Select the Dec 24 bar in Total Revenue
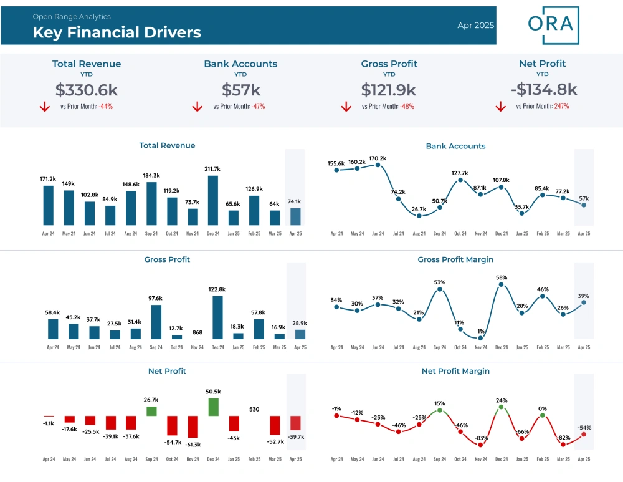pyautogui.click(x=213, y=200)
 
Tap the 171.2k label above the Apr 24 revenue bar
pyautogui.click(x=48, y=179)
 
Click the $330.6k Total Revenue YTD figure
pyautogui.click(x=87, y=90)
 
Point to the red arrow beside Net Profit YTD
pyautogui.click(x=501, y=106)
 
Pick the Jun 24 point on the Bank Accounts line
pyautogui.click(x=378, y=165)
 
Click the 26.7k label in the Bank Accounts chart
pyautogui.click(x=419, y=209)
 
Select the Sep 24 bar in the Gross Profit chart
pyautogui.click(x=156, y=322)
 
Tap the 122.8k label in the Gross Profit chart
pyautogui.click(x=217, y=289)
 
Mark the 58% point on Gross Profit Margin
pyautogui.click(x=501, y=284)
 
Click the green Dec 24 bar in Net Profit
pyautogui.click(x=213, y=407)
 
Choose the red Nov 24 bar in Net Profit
pyautogui.click(x=193, y=427)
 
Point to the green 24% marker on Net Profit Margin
pyautogui.click(x=501, y=407)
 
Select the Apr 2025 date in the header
pyautogui.click(x=475, y=25)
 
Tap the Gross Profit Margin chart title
pyautogui.click(x=455, y=259)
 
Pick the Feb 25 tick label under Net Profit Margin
pyautogui.click(x=543, y=459)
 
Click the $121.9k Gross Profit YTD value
pyautogui.click(x=389, y=90)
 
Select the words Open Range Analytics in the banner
pyautogui.click(x=72, y=17)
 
